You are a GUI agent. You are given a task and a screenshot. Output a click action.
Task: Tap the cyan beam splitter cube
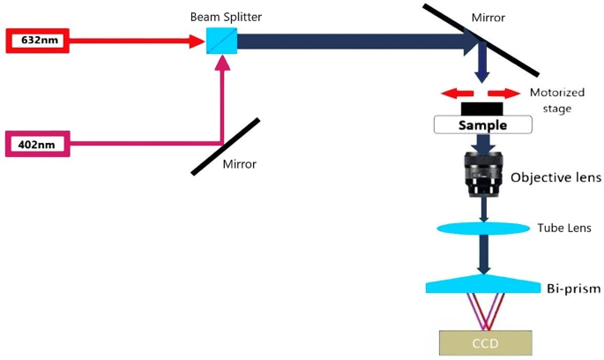[217, 41]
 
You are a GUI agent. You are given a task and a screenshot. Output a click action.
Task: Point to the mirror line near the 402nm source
[225, 146]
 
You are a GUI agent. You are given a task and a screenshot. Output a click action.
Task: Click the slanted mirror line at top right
[481, 41]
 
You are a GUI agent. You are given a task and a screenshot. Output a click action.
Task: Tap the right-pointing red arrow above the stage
[503, 93]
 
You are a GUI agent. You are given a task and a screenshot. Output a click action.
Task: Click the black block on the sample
[481, 109]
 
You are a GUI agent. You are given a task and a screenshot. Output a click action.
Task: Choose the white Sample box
[481, 125]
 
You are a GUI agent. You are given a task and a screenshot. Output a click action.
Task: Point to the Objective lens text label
[556, 177]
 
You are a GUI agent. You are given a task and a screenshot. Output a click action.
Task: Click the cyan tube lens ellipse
[482, 229]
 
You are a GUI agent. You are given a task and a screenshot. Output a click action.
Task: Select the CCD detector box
[486, 341]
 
